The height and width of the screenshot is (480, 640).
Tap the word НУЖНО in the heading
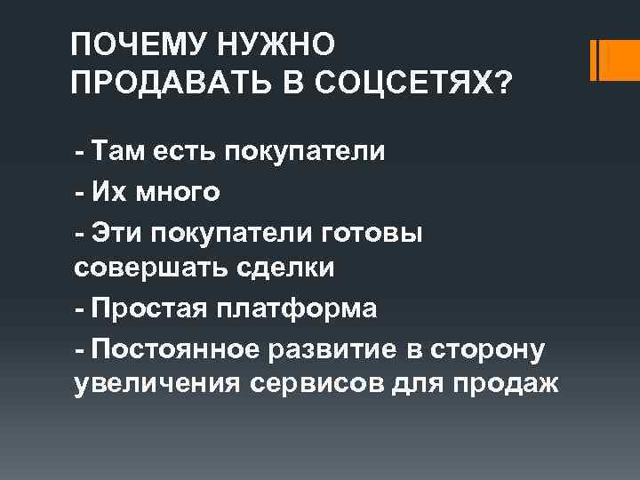coord(271,43)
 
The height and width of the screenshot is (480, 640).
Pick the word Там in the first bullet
coord(124,150)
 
